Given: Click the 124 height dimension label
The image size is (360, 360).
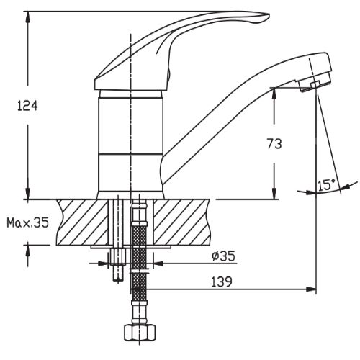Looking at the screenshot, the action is (x=27, y=106).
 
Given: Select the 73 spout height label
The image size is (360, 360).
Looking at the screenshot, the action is (x=274, y=144).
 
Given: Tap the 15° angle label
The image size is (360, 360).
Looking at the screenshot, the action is (x=326, y=185).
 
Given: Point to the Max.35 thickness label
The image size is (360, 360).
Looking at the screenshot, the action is (x=27, y=222).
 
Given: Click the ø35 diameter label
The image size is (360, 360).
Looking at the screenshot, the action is (x=223, y=256).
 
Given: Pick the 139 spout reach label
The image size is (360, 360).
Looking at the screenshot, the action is (x=222, y=282).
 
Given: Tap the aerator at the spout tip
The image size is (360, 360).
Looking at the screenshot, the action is (x=315, y=84).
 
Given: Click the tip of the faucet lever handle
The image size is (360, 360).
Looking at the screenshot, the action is (x=269, y=17).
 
